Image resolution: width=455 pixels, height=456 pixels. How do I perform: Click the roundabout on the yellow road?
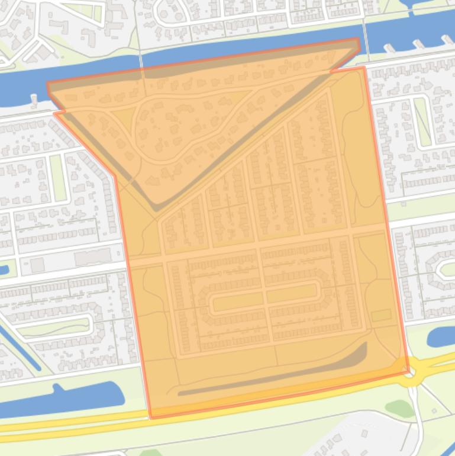[x=414, y=375]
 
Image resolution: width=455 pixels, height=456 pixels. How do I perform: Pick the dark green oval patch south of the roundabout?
[x=399, y=408]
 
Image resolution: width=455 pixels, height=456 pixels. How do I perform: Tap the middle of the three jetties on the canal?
[x=419, y=44]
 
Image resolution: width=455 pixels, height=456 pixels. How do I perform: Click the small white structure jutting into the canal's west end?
[x=34, y=101]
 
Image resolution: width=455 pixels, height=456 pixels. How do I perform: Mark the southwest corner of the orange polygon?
[x=151, y=417]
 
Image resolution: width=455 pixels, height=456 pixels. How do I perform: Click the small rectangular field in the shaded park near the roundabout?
[x=381, y=315]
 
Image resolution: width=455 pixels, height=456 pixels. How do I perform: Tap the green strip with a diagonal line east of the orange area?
[x=422, y=121]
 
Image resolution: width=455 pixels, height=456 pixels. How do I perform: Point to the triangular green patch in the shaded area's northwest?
[x=122, y=116]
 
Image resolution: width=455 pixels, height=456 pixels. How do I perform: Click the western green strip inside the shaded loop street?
[x=225, y=304]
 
